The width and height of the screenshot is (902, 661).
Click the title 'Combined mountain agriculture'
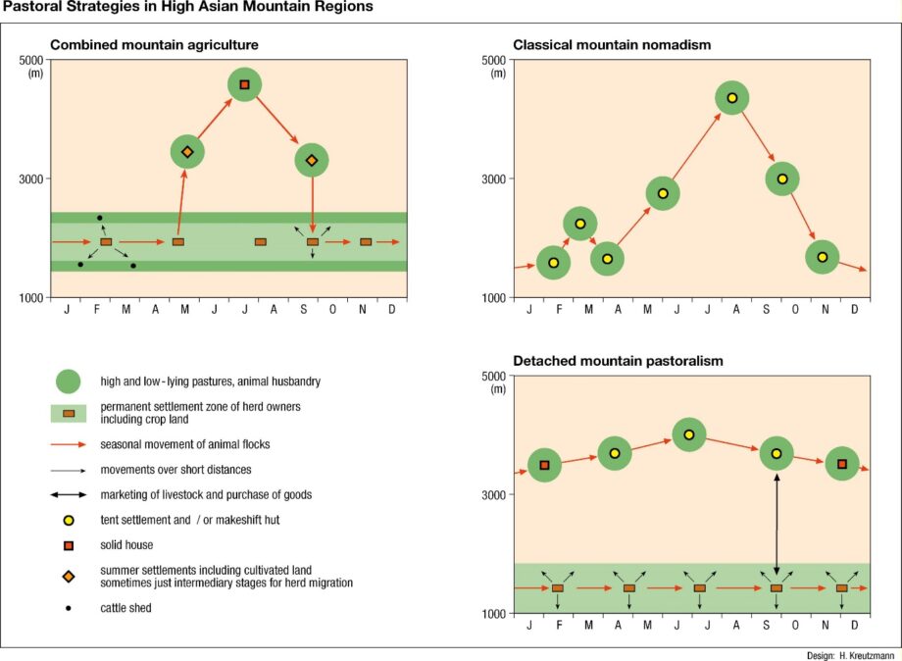point(154,45)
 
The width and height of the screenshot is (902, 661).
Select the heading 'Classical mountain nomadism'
point(612,45)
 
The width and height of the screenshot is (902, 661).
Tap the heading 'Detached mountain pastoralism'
point(618,361)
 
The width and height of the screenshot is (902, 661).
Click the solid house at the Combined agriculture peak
point(244,84)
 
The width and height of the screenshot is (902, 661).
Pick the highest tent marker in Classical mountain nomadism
point(731,98)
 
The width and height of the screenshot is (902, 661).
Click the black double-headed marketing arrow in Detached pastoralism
point(777,524)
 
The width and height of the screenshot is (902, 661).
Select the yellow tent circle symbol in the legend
point(69,521)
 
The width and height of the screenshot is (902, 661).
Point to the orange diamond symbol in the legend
point(69,576)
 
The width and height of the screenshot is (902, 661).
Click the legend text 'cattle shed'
point(125,608)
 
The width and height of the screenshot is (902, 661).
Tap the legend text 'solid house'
point(126,545)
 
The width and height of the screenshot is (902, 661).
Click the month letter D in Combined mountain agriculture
point(392,310)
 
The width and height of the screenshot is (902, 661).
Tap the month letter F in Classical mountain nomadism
point(559,310)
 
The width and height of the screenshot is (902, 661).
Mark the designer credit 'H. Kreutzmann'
point(867,656)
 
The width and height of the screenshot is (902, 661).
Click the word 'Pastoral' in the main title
point(28,7)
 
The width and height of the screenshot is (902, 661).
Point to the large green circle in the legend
point(69,381)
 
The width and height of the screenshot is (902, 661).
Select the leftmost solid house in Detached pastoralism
point(544,465)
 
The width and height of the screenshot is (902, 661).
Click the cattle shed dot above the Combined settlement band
point(100,218)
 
